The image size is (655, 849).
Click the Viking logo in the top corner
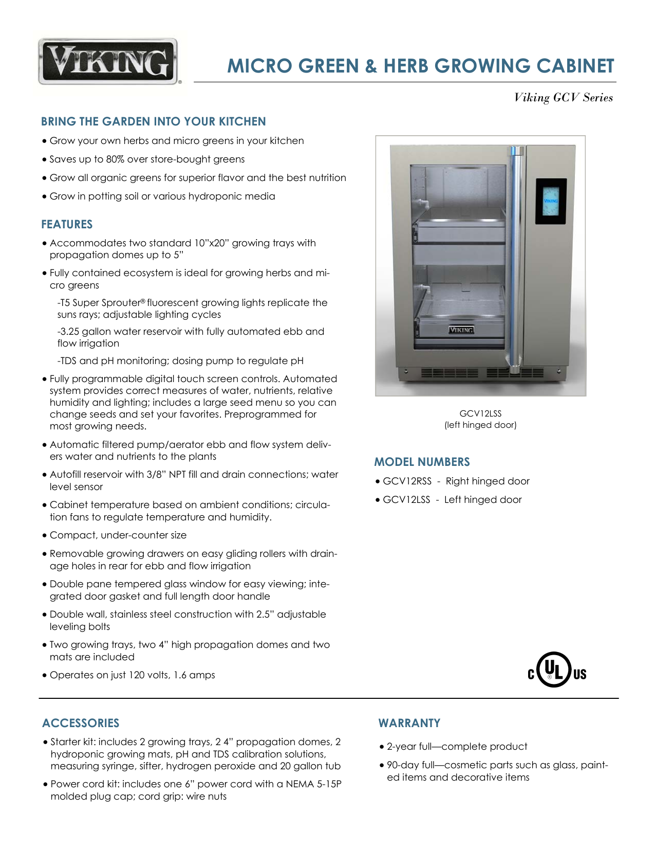tap(108, 62)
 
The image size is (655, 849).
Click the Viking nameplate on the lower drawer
tap(461, 330)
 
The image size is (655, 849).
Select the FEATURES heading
tap(67, 225)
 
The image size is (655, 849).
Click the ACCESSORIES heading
tap(81, 723)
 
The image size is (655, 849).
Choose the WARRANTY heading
tap(409, 723)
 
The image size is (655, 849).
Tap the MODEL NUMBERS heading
tap(422, 462)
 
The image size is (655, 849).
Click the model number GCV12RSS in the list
tap(407, 481)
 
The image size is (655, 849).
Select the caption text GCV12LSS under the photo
tap(480, 413)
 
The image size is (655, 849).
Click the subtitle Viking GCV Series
tap(563, 98)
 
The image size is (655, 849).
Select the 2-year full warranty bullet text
tap(457, 747)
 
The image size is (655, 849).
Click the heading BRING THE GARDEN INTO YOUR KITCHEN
tap(153, 122)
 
